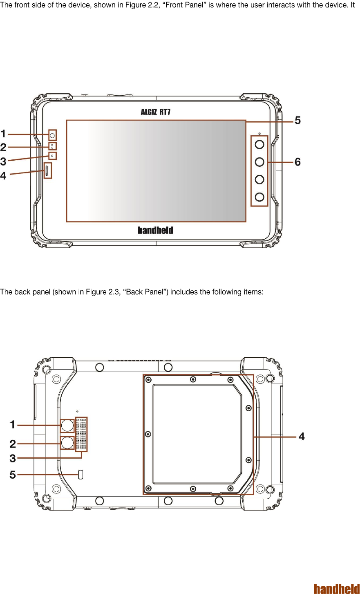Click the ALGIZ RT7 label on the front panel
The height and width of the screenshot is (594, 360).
coord(155,112)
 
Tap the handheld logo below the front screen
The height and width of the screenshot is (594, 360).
coord(155,230)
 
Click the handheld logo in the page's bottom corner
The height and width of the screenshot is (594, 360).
coord(337,589)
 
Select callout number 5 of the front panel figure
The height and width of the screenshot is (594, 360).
coord(298,120)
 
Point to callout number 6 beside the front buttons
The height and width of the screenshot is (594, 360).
coord(298,162)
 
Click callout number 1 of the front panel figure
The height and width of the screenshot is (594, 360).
coord(3,134)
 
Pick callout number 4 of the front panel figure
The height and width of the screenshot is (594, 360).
coord(3,175)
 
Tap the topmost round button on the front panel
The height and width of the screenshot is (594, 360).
coord(259,144)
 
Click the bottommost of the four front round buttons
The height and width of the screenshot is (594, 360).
coord(259,197)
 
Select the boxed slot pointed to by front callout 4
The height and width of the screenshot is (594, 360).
coord(47,170)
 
